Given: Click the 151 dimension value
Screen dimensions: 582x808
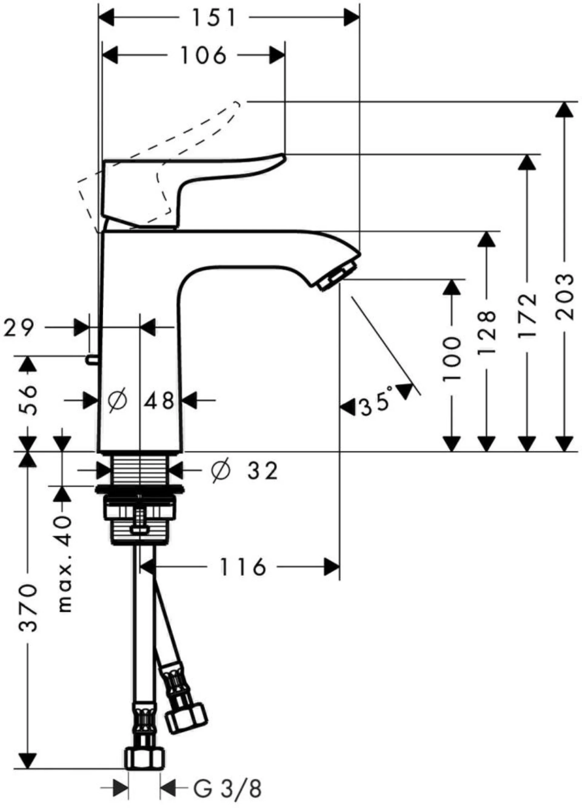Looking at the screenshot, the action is (214, 18).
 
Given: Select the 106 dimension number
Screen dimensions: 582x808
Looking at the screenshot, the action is (203, 55).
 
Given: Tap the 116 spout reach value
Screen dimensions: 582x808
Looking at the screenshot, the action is (242, 567).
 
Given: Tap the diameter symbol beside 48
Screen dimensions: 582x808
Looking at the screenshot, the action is (117, 400).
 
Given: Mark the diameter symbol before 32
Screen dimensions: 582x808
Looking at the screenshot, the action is (221, 471).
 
